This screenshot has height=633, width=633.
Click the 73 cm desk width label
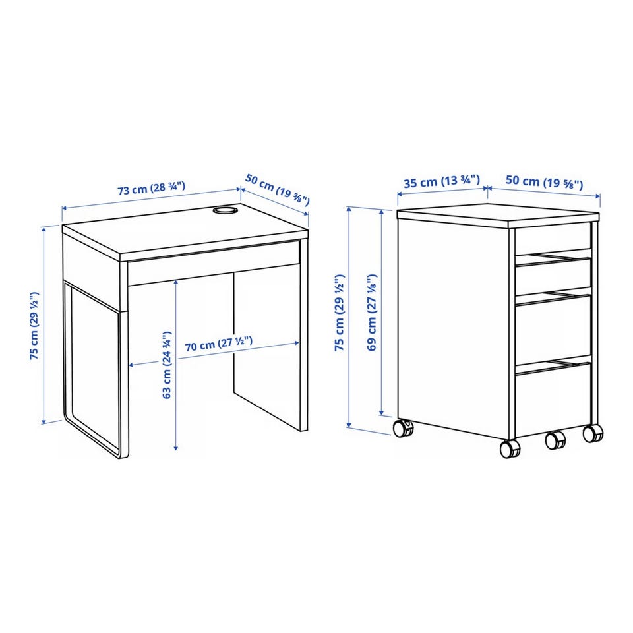tap(152, 189)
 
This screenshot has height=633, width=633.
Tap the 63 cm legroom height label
tap(167, 365)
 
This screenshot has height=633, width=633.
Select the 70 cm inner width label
tap(219, 344)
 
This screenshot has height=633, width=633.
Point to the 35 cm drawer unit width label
tap(442, 181)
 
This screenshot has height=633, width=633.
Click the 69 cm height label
tap(372, 312)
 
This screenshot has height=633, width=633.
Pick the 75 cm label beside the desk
tap(34, 325)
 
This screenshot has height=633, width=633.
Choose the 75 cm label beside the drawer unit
tap(340, 312)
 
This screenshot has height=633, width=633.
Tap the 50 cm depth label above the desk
tap(278, 189)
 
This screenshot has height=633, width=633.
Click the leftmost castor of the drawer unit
tap(404, 428)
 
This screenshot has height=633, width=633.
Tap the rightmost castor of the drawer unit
tap(593, 433)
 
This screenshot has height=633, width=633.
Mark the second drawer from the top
tap(553, 276)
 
